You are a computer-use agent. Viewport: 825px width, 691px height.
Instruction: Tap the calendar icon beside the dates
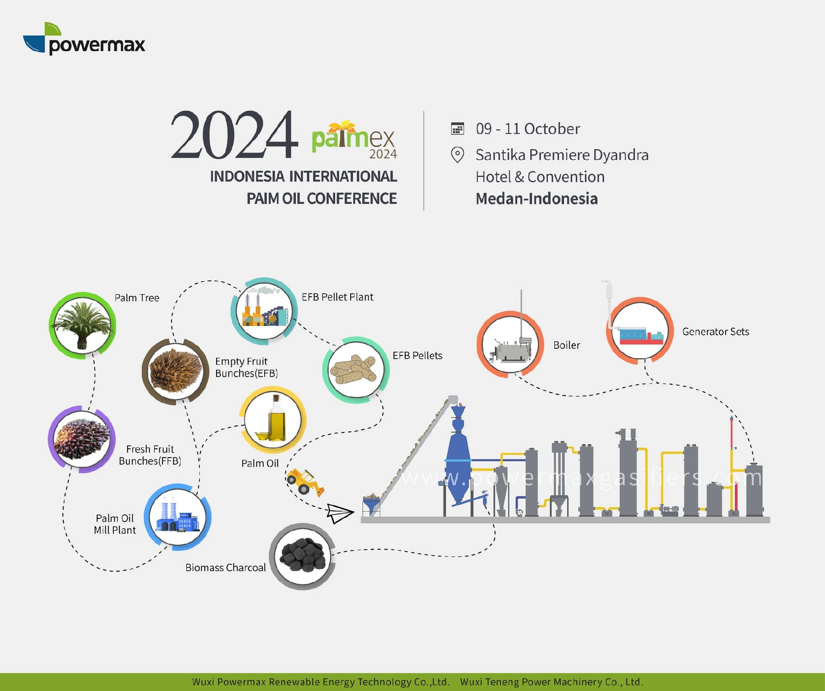coord(458,128)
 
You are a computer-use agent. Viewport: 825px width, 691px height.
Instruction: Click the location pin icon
coord(458,155)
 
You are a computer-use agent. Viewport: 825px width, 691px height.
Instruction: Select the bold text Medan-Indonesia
coord(537,199)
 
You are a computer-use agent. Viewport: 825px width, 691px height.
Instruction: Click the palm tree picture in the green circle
coord(82,325)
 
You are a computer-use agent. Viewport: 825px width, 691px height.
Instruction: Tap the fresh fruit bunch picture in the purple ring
coord(82,439)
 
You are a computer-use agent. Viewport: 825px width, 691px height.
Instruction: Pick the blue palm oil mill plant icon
coord(177,517)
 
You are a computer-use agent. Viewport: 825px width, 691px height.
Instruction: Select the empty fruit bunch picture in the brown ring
coord(175,371)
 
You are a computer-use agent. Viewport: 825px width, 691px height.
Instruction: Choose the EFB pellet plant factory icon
coord(265,310)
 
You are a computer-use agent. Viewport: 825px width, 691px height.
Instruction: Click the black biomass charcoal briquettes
coord(303,555)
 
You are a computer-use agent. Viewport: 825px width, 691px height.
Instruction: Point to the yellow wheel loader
coord(305,481)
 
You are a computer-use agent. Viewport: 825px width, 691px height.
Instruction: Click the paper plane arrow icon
coord(340,513)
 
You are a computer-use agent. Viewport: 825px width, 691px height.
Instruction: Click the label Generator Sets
coord(715,332)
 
